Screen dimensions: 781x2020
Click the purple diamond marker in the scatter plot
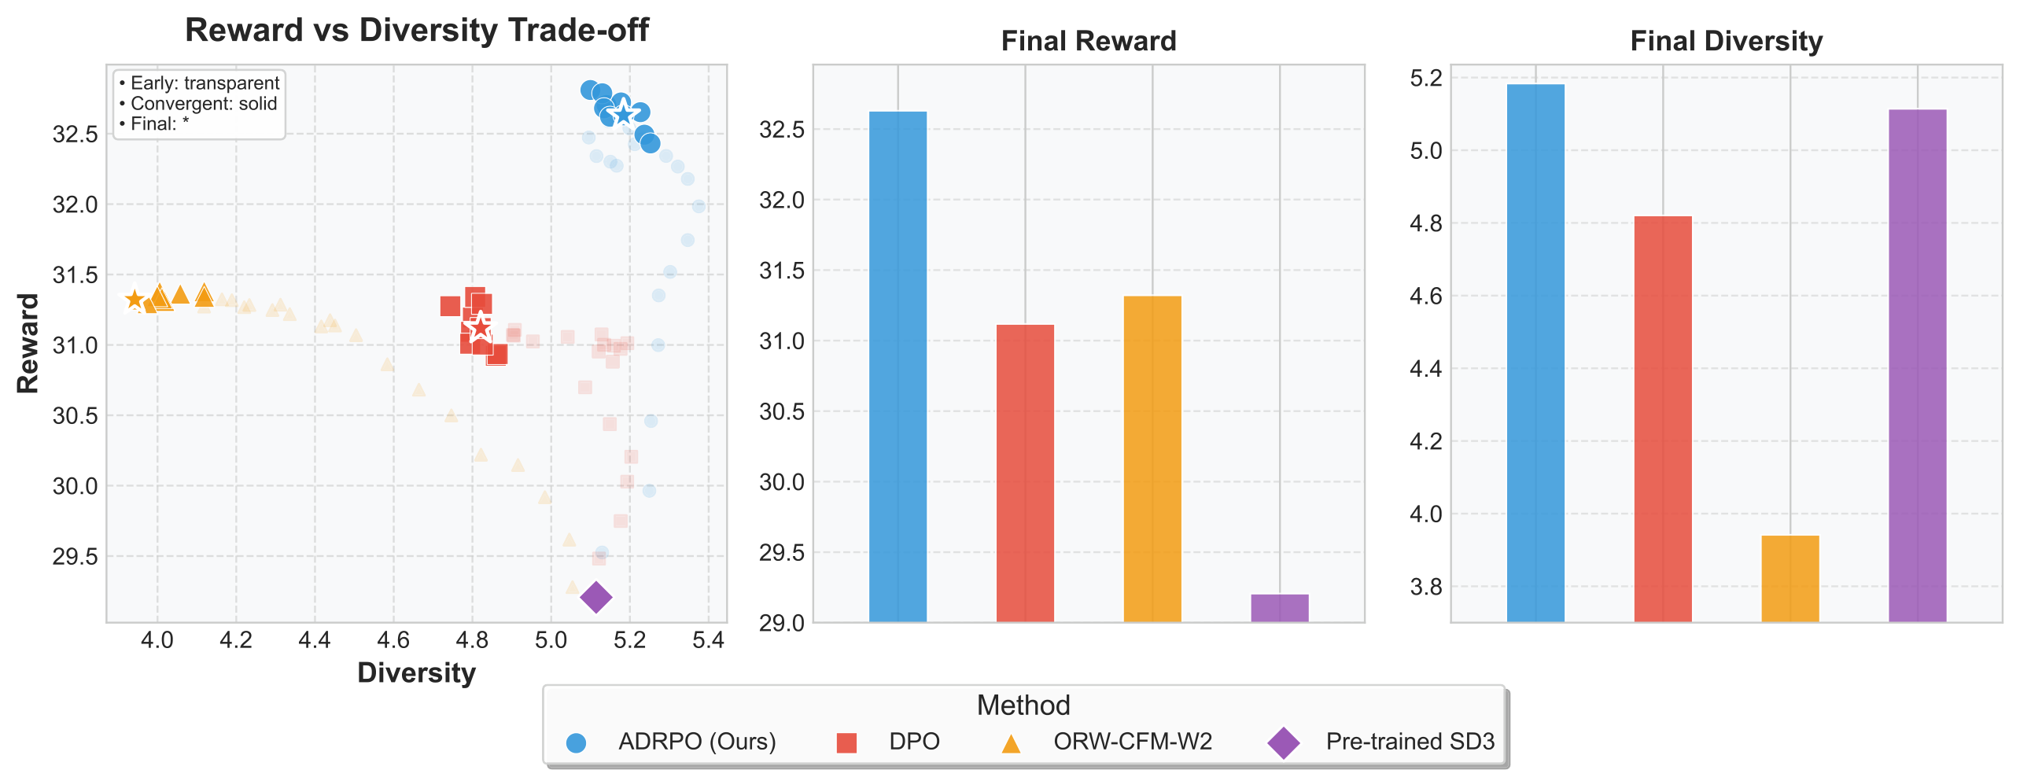(x=595, y=597)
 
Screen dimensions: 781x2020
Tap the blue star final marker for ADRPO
(x=623, y=115)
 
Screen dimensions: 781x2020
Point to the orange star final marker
(x=135, y=299)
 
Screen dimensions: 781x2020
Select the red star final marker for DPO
(x=480, y=327)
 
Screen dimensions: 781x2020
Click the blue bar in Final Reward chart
(x=898, y=367)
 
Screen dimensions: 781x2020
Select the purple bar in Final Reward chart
(x=1279, y=608)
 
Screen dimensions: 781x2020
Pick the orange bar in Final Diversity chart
(x=1790, y=579)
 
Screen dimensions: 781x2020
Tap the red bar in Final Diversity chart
(x=1662, y=418)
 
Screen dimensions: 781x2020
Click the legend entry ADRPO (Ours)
(x=696, y=742)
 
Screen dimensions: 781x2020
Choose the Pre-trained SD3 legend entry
(x=1410, y=742)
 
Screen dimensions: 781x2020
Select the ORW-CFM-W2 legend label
(x=1132, y=742)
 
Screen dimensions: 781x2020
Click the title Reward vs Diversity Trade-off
(x=416, y=31)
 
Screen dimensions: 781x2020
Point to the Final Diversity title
(x=1726, y=41)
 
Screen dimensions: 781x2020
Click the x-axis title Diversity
(x=416, y=673)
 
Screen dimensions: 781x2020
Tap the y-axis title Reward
(x=28, y=344)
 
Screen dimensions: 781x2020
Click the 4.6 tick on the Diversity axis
(x=393, y=640)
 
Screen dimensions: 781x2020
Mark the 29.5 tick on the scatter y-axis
(x=76, y=557)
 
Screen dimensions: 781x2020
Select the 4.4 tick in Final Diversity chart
(x=1426, y=369)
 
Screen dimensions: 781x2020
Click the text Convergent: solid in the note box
(x=203, y=104)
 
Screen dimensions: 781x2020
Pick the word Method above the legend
(x=1023, y=705)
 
